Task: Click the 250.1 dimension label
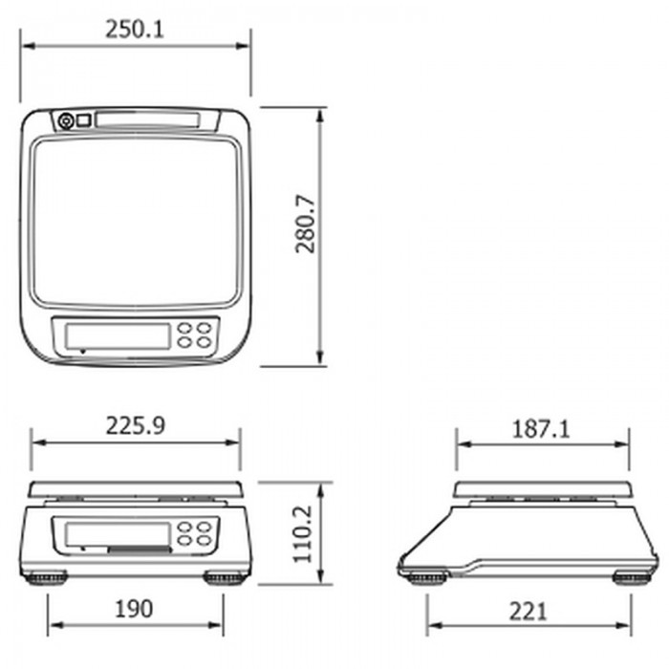tap(135, 30)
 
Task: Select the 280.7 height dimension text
tap(305, 225)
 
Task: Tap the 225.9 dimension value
tap(135, 426)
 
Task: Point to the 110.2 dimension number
tap(303, 534)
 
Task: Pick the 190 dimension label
tap(134, 609)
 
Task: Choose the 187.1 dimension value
tap(541, 429)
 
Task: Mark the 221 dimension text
tap(528, 612)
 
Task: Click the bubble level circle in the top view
tap(65, 121)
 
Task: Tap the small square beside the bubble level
tap(84, 120)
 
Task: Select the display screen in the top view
tap(118, 335)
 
